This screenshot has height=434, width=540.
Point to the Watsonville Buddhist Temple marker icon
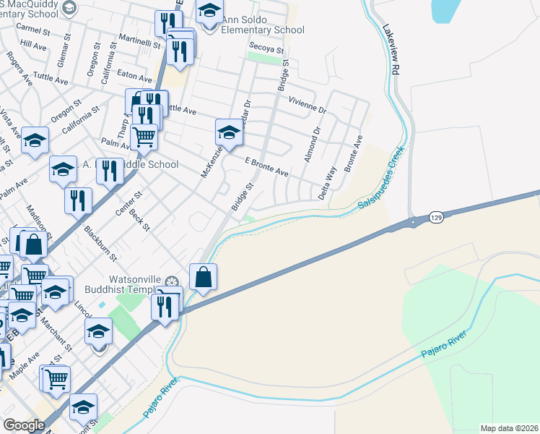172,281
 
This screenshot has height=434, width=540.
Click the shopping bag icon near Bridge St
204,277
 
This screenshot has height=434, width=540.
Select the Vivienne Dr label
308,106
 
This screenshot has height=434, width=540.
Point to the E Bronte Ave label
266,168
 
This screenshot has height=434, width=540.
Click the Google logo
25,425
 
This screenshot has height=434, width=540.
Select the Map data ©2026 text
509,428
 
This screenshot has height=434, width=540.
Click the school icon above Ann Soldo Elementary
209,12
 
